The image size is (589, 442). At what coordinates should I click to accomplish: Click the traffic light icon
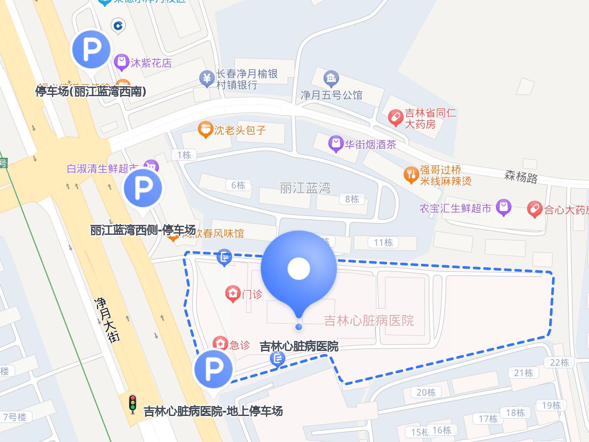point(133,404)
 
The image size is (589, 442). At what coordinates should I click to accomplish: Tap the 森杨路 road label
point(521,177)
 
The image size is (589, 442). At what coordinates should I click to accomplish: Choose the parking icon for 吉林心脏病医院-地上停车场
point(213,369)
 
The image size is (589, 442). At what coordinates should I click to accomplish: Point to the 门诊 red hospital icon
point(233,293)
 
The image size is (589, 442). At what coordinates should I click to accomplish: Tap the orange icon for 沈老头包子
point(205,130)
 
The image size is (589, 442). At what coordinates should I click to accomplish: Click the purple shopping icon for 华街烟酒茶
point(336,144)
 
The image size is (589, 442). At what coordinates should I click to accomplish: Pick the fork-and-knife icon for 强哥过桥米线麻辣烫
point(411,175)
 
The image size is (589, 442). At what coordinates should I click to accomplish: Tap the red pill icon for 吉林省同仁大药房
point(395,117)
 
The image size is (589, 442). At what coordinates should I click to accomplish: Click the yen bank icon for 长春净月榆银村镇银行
point(207,78)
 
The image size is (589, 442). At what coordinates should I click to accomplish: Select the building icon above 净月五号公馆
point(331,78)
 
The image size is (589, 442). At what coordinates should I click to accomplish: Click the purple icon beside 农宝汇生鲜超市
point(503,208)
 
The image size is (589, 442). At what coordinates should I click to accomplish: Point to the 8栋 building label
point(352,199)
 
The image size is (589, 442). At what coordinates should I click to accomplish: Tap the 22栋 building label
point(559,362)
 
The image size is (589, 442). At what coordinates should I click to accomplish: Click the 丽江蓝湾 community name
point(305,188)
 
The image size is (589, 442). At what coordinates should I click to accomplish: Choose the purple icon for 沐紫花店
point(121,62)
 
